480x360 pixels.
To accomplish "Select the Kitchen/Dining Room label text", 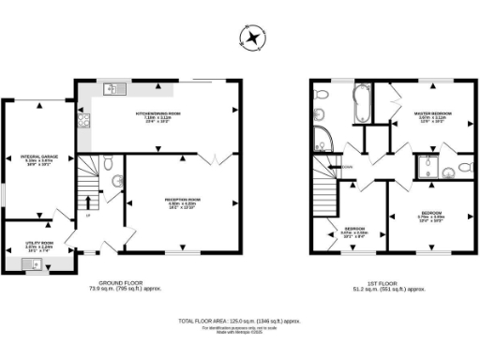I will point(157,117).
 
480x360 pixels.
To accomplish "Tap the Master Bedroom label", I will point(428,117).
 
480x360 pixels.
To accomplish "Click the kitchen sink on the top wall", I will point(112,90).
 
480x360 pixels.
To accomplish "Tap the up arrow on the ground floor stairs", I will point(89,202).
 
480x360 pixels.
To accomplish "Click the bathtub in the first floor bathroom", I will point(361,106).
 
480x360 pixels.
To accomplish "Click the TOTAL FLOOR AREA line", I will point(241,321).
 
